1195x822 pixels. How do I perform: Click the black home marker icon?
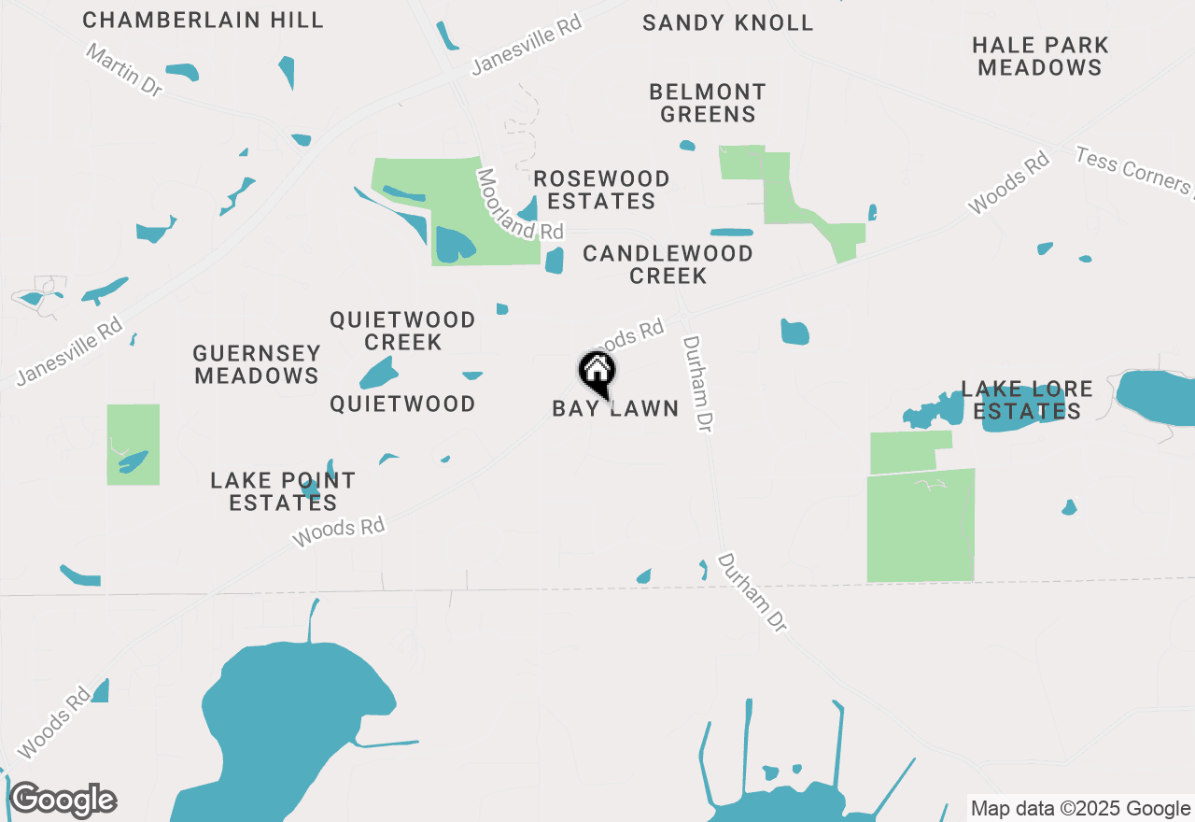pyautogui.click(x=597, y=373)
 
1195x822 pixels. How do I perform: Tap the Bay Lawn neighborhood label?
pyautogui.click(x=615, y=409)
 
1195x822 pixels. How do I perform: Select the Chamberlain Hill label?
pyautogui.click(x=203, y=20)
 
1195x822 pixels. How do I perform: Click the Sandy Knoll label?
pyautogui.click(x=727, y=22)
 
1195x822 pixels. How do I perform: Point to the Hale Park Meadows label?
pyautogui.click(x=1040, y=56)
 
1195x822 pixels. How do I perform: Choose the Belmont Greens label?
pyautogui.click(x=708, y=103)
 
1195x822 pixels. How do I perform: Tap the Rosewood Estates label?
pyautogui.click(x=601, y=190)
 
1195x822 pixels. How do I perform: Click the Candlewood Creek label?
pyautogui.click(x=668, y=264)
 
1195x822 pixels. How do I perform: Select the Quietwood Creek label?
pyautogui.click(x=402, y=331)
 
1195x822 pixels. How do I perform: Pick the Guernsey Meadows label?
pyautogui.click(x=257, y=364)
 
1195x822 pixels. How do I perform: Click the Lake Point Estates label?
pyautogui.click(x=283, y=491)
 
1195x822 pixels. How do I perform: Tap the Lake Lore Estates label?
pyautogui.click(x=1026, y=400)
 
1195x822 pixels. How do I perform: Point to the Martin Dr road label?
pyautogui.click(x=123, y=68)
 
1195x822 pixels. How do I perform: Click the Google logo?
pyautogui.click(x=63, y=801)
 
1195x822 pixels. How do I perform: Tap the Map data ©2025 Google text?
pyautogui.click(x=1080, y=809)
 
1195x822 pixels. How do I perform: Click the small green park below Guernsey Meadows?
pyautogui.click(x=133, y=445)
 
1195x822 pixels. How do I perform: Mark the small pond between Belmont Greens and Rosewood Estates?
pyautogui.click(x=687, y=146)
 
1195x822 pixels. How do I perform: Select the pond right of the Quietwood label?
pyautogui.click(x=472, y=376)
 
